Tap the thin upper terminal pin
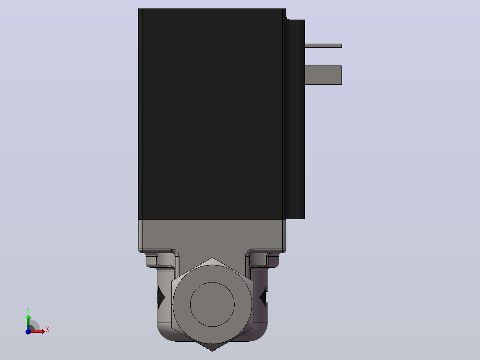(323, 45)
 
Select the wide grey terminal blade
(323, 75)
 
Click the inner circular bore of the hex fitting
(212, 304)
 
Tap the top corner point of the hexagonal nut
(212, 258)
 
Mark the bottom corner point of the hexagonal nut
(212, 351)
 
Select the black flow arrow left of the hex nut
(161, 297)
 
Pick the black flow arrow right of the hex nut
(263, 297)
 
